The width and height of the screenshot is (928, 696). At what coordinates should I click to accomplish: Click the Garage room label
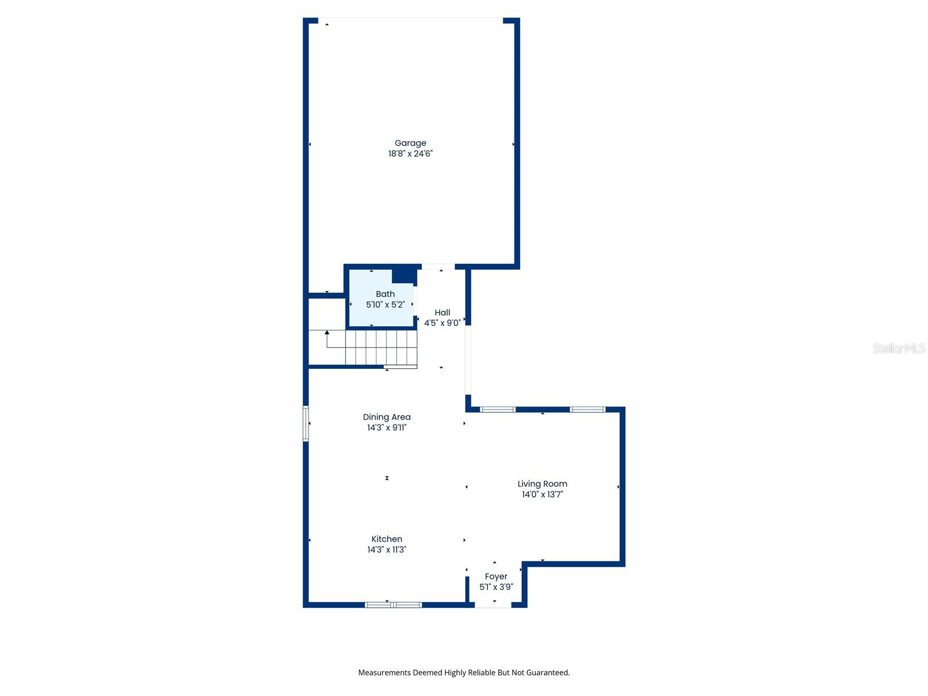coord(410,143)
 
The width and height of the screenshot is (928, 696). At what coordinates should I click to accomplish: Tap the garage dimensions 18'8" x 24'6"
coord(410,154)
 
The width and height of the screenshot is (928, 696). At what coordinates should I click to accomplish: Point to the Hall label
coord(442,313)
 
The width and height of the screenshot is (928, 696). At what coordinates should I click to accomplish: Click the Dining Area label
coord(386,417)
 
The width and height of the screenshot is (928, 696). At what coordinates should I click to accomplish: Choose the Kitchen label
coord(386,539)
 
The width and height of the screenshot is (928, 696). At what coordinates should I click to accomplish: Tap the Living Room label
coord(542,484)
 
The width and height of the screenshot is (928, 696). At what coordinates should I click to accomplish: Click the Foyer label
coord(496,577)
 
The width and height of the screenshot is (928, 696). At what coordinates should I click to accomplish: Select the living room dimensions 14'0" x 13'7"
coord(542,495)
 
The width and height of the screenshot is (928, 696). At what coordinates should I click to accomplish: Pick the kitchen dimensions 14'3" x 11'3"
coord(386,550)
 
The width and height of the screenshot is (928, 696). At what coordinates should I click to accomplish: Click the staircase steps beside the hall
coord(380,347)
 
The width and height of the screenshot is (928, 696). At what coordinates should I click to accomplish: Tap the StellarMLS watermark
coord(898,348)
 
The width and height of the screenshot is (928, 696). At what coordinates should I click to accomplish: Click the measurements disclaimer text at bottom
coord(463,673)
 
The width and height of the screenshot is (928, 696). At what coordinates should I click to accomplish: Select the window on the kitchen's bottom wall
coord(393,605)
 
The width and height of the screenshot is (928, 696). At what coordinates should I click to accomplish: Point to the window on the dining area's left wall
coord(306,423)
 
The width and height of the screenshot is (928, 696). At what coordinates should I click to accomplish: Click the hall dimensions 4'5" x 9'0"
coord(442,323)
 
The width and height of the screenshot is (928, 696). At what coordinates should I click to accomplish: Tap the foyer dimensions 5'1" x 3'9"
coord(496,587)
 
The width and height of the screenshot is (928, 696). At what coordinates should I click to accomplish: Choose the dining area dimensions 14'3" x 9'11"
coord(386,428)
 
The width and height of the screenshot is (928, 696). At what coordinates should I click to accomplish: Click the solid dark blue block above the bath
coord(404,274)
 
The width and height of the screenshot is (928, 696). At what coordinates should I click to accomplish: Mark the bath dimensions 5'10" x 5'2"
coord(385,304)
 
